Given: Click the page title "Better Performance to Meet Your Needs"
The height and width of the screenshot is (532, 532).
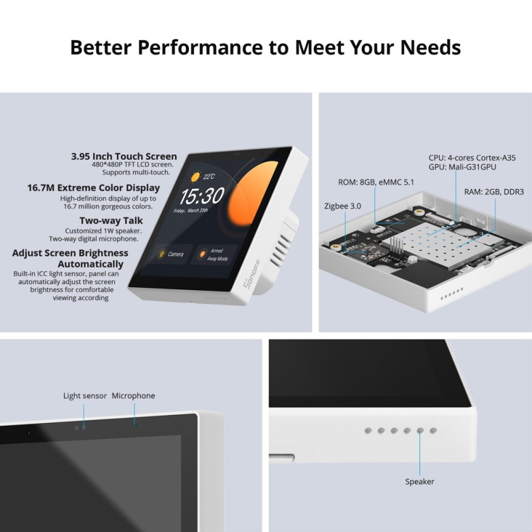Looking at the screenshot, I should pyautogui.click(x=265, y=48).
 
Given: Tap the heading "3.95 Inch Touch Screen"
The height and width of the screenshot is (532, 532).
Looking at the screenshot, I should pyautogui.click(x=124, y=157).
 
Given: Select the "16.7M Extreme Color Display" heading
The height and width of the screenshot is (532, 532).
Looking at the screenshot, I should pyautogui.click(x=94, y=188).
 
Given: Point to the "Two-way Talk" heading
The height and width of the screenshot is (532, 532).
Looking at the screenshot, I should pyautogui.click(x=111, y=221).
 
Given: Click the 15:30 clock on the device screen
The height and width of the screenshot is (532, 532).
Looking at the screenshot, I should pyautogui.click(x=201, y=196).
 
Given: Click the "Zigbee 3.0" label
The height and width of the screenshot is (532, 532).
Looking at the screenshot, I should pyautogui.click(x=343, y=206).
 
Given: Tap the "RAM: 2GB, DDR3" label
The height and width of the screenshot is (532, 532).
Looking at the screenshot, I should pyautogui.click(x=494, y=192).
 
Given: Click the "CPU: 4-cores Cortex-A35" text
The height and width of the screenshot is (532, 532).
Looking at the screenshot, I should pyautogui.click(x=472, y=158).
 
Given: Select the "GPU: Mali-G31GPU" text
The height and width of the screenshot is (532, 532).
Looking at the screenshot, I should pyautogui.click(x=462, y=168).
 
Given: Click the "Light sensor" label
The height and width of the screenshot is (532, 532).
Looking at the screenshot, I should pyautogui.click(x=85, y=396).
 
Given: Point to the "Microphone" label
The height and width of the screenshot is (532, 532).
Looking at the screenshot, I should pyautogui.click(x=133, y=396).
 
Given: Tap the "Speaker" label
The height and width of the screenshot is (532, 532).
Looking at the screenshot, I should pyautogui.click(x=420, y=481).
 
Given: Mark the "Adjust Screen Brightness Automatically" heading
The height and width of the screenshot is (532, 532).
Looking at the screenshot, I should pyautogui.click(x=70, y=259).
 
